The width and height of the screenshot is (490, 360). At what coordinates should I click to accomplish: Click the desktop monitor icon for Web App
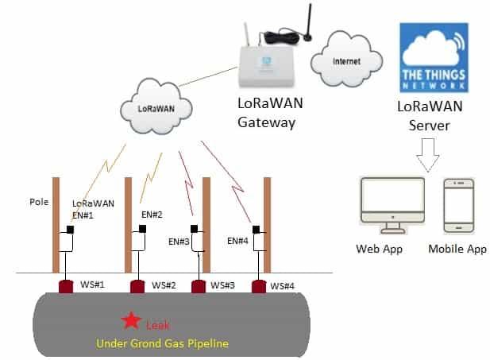point(390,206)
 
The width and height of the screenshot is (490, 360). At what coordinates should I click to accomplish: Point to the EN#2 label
point(152,215)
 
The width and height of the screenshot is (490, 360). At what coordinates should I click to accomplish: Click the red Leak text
point(157,324)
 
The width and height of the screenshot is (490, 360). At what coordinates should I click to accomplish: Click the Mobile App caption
point(457,250)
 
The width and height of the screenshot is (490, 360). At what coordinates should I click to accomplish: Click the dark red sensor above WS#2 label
point(137,285)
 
